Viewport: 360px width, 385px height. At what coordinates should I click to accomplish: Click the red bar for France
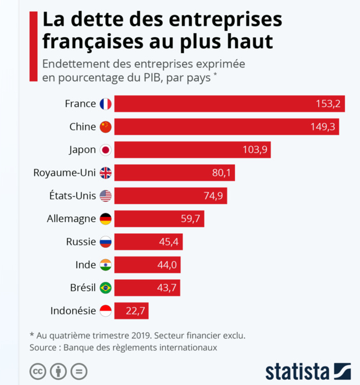point(230,104)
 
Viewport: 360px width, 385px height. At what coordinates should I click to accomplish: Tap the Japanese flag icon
point(105,150)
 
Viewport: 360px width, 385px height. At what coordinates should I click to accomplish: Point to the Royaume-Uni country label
point(65,172)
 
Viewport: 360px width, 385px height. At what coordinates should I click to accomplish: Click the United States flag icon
point(105,196)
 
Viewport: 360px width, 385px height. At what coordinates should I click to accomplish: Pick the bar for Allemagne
point(159,219)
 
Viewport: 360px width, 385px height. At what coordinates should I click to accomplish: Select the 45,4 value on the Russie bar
point(167,242)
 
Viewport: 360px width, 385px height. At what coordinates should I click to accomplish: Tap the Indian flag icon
point(105,265)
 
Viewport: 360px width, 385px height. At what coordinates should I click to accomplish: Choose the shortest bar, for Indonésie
point(131,311)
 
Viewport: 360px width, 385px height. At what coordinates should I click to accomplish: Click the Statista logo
point(308,371)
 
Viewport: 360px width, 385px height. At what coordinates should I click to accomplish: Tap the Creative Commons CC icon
point(38,371)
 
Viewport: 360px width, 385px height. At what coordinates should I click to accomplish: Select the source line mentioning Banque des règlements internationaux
point(123,347)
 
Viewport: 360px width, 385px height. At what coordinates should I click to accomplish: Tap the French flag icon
point(105,104)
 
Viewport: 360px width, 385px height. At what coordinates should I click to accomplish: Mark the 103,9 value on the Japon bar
point(255,150)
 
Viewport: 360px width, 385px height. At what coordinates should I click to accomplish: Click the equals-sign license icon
point(79,371)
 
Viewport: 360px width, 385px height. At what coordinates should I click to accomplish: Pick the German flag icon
point(105,219)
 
